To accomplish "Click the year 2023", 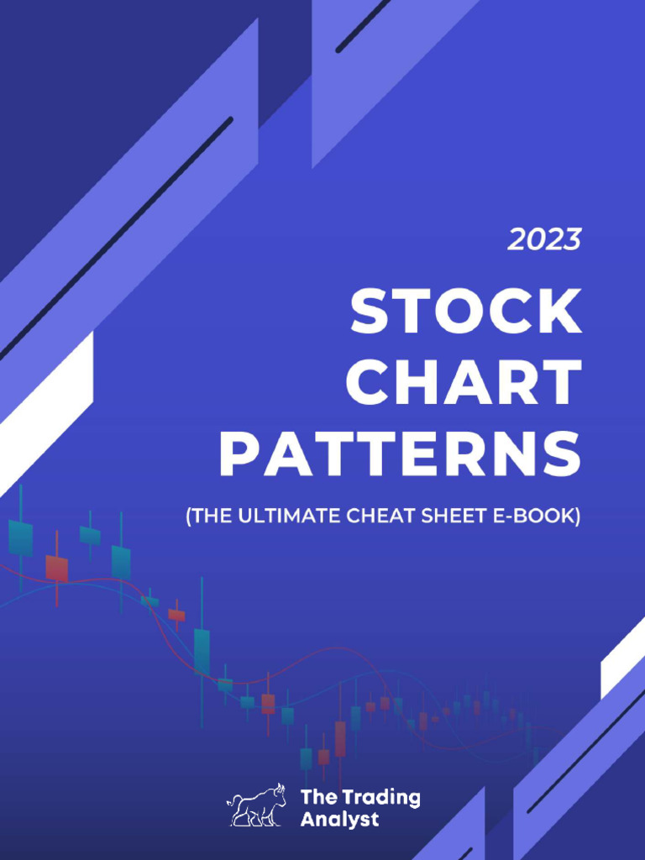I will (544, 240).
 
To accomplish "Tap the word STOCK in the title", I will (465, 312).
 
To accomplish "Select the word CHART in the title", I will (464, 382).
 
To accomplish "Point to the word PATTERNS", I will (400, 454).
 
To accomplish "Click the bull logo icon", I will (256, 806).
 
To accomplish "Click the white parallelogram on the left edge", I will (46, 412).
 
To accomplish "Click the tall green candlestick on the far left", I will (20, 537).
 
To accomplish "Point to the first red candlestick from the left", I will (56, 568).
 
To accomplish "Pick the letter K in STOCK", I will (558, 312).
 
